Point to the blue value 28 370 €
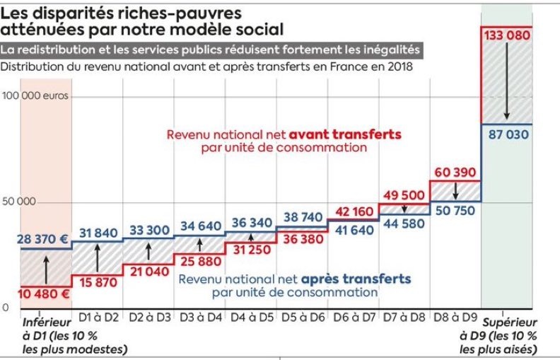point(44,240)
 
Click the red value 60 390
point(455,173)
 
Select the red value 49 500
point(404,196)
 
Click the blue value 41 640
point(353,229)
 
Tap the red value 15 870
point(98,282)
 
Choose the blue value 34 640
point(200,226)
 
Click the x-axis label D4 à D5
point(251,318)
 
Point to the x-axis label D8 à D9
point(455,318)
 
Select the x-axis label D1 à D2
point(98,318)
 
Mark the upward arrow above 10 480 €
point(45,270)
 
